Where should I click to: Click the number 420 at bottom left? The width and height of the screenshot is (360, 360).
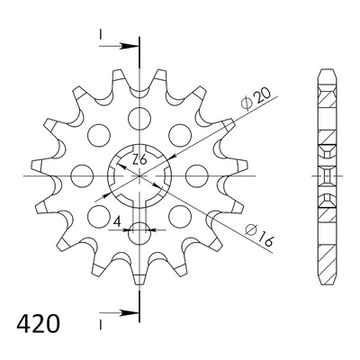38,324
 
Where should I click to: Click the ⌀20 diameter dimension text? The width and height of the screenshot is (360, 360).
256,98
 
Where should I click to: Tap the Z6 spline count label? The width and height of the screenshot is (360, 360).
139,160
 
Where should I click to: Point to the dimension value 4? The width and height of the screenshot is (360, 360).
117,222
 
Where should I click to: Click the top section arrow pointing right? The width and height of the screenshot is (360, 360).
119,46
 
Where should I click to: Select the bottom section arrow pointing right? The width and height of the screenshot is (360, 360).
119,313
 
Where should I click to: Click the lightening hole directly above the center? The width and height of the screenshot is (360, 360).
139,118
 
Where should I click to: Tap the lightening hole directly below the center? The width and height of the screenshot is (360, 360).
139,233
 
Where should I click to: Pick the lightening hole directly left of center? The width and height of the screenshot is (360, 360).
83,175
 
